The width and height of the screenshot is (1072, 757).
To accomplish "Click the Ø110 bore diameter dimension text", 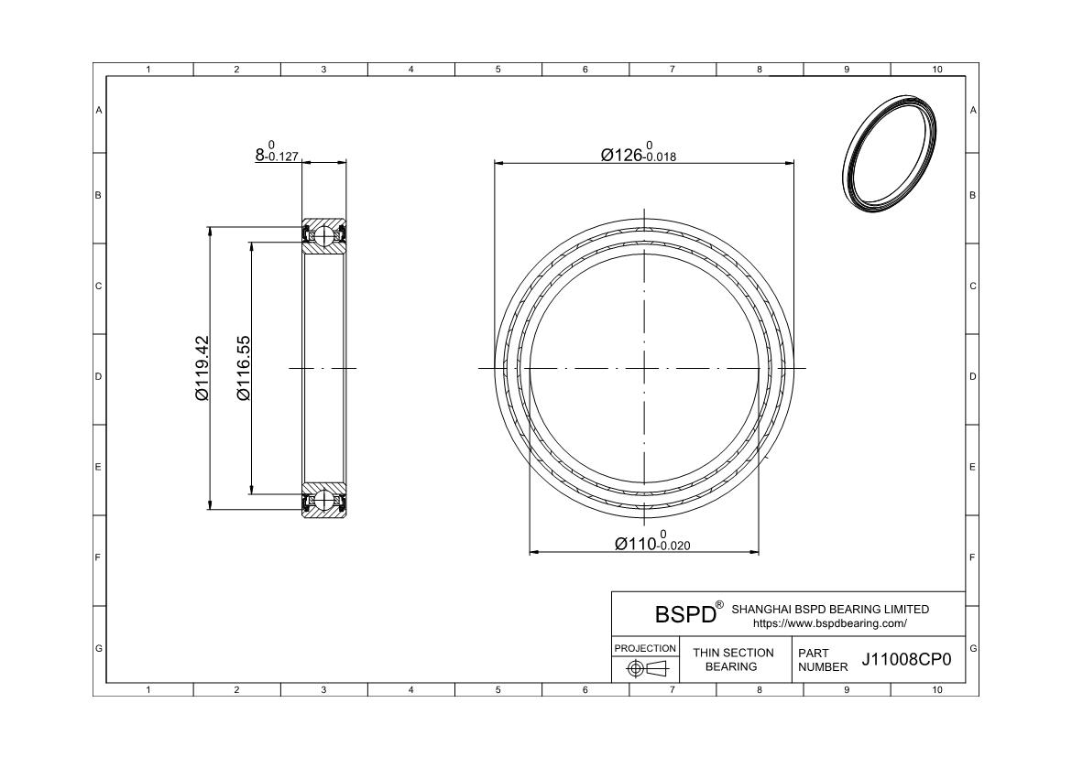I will [x=651, y=543].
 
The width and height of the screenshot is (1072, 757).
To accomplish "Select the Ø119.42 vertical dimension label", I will [x=202, y=368].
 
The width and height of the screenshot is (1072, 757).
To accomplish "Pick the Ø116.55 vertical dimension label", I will [x=244, y=368].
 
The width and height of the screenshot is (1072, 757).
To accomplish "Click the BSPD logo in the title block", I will [x=684, y=612].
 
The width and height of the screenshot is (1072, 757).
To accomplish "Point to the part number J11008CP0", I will [x=907, y=660].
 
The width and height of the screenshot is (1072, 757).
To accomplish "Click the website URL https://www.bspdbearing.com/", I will [x=829, y=623].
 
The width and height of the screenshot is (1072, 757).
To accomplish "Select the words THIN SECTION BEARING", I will [x=732, y=659].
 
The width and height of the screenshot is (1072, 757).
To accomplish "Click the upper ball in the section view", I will [x=324, y=235].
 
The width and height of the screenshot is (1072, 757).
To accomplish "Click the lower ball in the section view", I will [x=324, y=501].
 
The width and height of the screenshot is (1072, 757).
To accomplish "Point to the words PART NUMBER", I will [x=822, y=660].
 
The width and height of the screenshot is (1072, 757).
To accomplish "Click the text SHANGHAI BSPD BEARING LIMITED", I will [x=829, y=609].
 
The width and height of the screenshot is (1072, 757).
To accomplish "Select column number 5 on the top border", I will [x=498, y=70].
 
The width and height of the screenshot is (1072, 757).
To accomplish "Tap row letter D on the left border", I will [x=99, y=376].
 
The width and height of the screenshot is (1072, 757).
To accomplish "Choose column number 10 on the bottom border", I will [x=936, y=690].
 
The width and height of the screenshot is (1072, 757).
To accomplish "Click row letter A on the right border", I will [x=972, y=110].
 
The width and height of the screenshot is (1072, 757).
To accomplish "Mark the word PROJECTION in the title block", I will [x=645, y=648].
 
